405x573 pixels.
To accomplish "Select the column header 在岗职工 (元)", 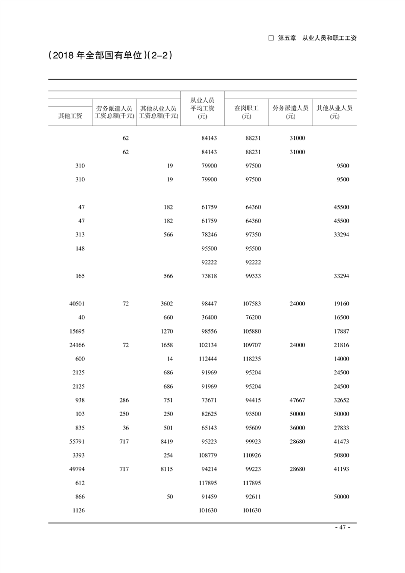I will click(x=247, y=112).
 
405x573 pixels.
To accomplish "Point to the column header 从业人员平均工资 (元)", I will click(x=202, y=108).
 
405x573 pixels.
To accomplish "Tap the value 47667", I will click(x=297, y=400).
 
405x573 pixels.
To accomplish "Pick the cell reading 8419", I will click(x=166, y=441).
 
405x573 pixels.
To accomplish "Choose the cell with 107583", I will click(x=250, y=303).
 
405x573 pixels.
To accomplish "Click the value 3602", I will click(x=166, y=303).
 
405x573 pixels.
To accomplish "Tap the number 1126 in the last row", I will click(x=78, y=510).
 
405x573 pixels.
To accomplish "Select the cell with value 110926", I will click(x=250, y=455).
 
